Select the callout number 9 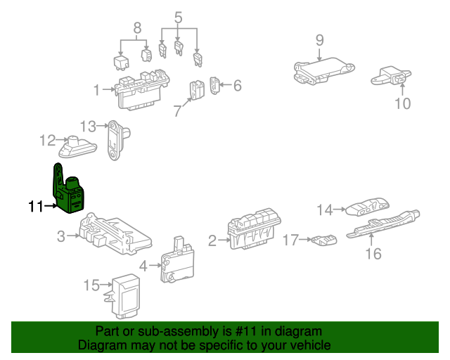click(x=319, y=40)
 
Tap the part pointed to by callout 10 click(x=391, y=76)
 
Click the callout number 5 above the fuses click(x=178, y=17)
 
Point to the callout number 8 click(x=138, y=28)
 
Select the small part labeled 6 click(x=214, y=85)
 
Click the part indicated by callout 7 click(x=197, y=90)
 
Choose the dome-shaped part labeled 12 click(x=77, y=147)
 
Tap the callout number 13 click(x=88, y=127)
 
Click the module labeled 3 click(x=115, y=233)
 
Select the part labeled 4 click(x=177, y=260)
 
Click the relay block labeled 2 click(x=253, y=229)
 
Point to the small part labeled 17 click(x=324, y=240)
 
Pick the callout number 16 click(x=373, y=254)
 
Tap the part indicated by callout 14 click(x=368, y=206)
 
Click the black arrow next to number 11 click(x=51, y=206)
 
